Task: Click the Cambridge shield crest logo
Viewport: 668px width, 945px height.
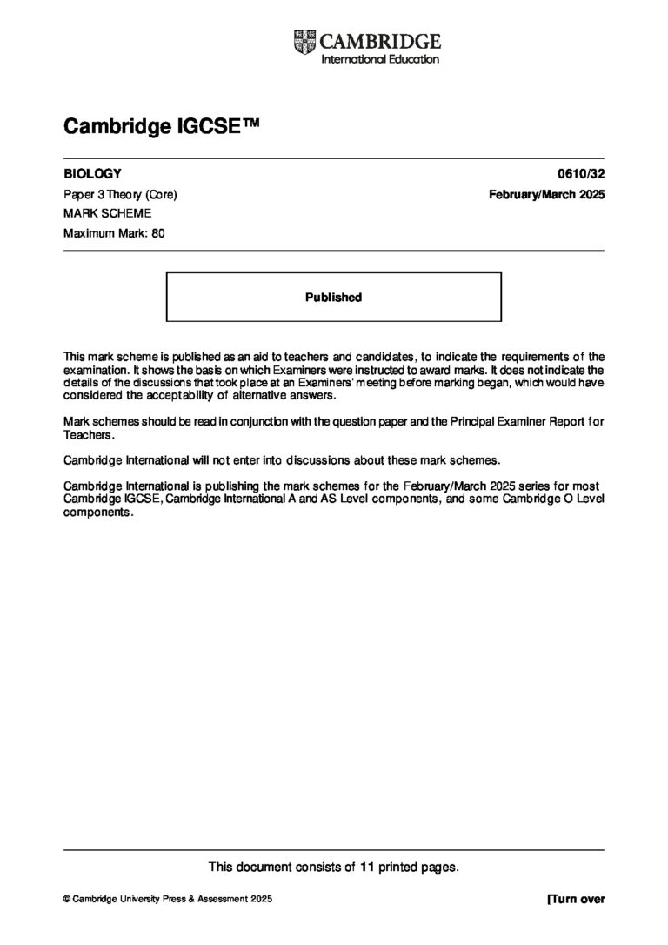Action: pyautogui.click(x=305, y=41)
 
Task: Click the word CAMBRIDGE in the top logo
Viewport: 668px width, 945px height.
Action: pyautogui.click(x=381, y=40)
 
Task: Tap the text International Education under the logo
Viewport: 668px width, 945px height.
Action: pyautogui.click(x=380, y=58)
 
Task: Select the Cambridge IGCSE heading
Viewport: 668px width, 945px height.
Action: pyautogui.click(x=161, y=128)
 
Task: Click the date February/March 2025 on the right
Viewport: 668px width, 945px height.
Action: pyautogui.click(x=547, y=194)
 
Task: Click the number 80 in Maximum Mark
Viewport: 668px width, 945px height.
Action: pyautogui.click(x=157, y=232)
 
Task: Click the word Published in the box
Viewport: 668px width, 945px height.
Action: pyautogui.click(x=333, y=297)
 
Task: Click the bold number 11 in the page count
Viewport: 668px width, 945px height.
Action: pyautogui.click(x=366, y=866)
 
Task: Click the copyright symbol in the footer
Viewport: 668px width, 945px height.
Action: pyautogui.click(x=68, y=899)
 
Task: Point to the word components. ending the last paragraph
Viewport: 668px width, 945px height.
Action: pyautogui.click(x=99, y=512)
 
